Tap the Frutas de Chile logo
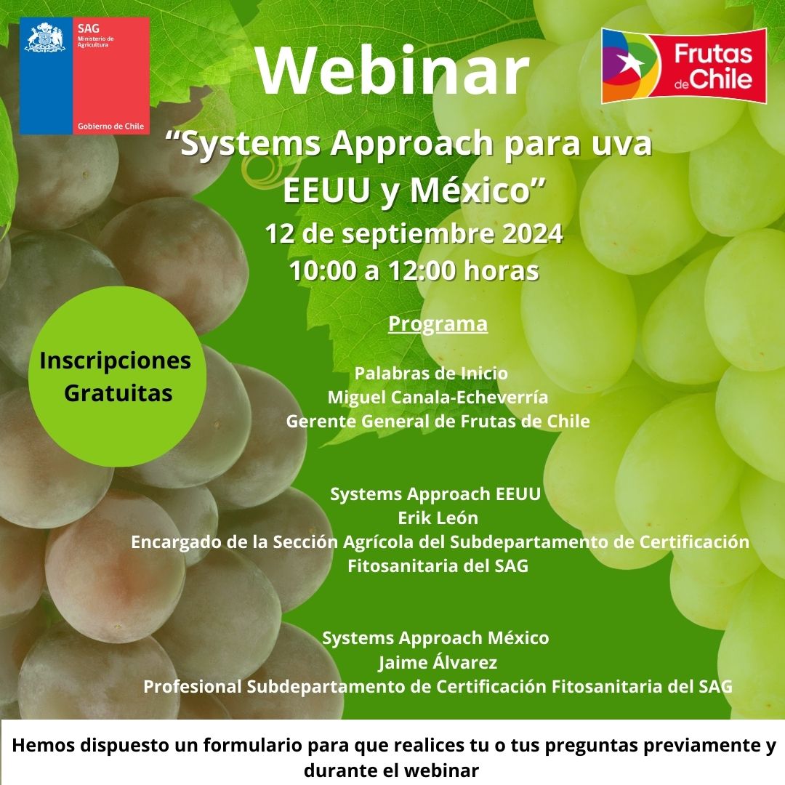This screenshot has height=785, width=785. (684, 65)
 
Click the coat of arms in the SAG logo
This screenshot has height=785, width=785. (45, 38)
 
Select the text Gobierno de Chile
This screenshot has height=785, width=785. (110, 126)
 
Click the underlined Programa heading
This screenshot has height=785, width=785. (438, 323)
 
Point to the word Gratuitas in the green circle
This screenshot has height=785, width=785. (118, 393)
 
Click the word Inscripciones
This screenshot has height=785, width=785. (115, 361)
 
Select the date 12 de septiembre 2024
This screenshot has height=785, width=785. (414, 234)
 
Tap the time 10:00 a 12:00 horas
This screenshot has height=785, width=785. (414, 271)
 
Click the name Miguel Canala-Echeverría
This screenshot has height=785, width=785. (438, 397)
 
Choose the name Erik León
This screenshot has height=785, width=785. (438, 518)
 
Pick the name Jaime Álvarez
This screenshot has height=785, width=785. (438, 662)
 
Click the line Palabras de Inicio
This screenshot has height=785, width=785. (431, 373)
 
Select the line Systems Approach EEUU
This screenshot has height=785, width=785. (435, 494)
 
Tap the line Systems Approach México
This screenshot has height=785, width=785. (435, 638)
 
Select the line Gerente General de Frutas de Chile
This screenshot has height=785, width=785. (438, 421)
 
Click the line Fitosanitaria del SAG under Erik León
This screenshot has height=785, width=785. (438, 565)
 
